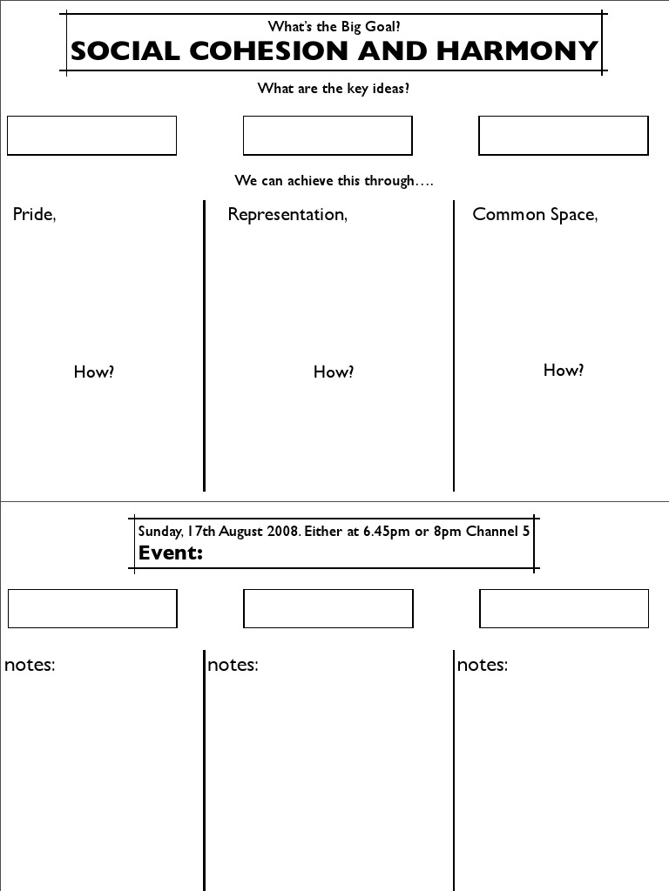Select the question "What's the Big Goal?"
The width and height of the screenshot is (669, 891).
pos(334,26)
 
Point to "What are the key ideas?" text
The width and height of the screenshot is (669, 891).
pos(334,89)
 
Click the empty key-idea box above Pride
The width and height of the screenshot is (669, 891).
pos(91,136)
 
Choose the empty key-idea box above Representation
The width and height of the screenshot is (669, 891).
pos(328,136)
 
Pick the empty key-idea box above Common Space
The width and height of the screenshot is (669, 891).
pos(564,136)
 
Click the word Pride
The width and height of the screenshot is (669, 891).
pos(34,215)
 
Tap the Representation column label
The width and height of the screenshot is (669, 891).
pos(287,215)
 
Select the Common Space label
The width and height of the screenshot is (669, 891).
pos(535,215)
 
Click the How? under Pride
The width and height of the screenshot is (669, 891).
pos(94,372)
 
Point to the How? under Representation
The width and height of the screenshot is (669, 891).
pos(334,372)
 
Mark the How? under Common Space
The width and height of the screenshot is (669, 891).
pos(564,371)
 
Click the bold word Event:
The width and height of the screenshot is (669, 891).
pos(171,553)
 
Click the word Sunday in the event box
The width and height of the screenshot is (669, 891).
pos(159,532)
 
